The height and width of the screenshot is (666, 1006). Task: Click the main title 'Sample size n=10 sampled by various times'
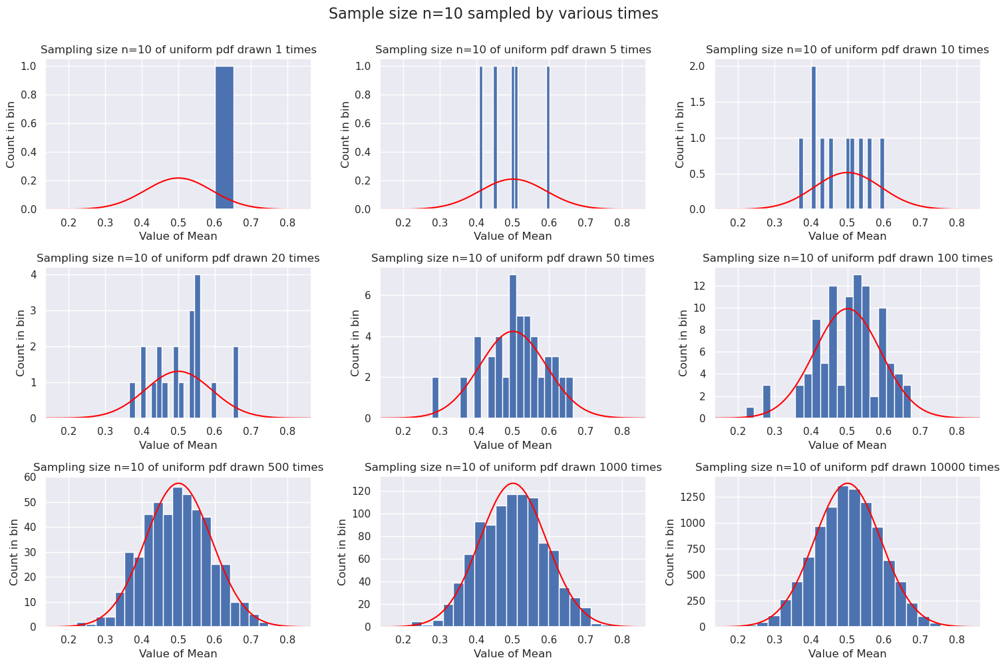(x=493, y=14)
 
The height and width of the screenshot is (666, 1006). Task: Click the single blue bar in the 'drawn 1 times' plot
(x=224, y=137)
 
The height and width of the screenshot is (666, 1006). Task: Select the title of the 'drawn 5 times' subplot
(x=513, y=50)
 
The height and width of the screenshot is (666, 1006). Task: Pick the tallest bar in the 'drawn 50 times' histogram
(x=513, y=346)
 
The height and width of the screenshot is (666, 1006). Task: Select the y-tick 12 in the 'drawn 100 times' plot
(x=701, y=286)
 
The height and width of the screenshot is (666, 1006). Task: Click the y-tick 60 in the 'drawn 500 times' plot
(x=30, y=477)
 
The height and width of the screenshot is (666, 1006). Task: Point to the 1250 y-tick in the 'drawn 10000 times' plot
(x=693, y=498)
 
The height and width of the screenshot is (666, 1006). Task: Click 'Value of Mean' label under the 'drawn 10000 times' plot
(x=847, y=654)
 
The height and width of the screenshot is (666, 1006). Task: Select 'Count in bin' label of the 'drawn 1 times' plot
(x=11, y=134)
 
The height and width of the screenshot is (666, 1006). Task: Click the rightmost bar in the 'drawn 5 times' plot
(x=548, y=137)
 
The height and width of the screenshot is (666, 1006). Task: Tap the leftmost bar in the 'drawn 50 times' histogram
(x=435, y=398)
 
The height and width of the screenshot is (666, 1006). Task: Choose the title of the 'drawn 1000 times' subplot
(x=513, y=468)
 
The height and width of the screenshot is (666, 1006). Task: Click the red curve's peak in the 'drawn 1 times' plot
(x=178, y=178)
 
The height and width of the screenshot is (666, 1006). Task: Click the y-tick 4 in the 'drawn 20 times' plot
(x=33, y=274)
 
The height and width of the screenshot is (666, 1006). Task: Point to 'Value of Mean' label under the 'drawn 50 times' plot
(x=513, y=446)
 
